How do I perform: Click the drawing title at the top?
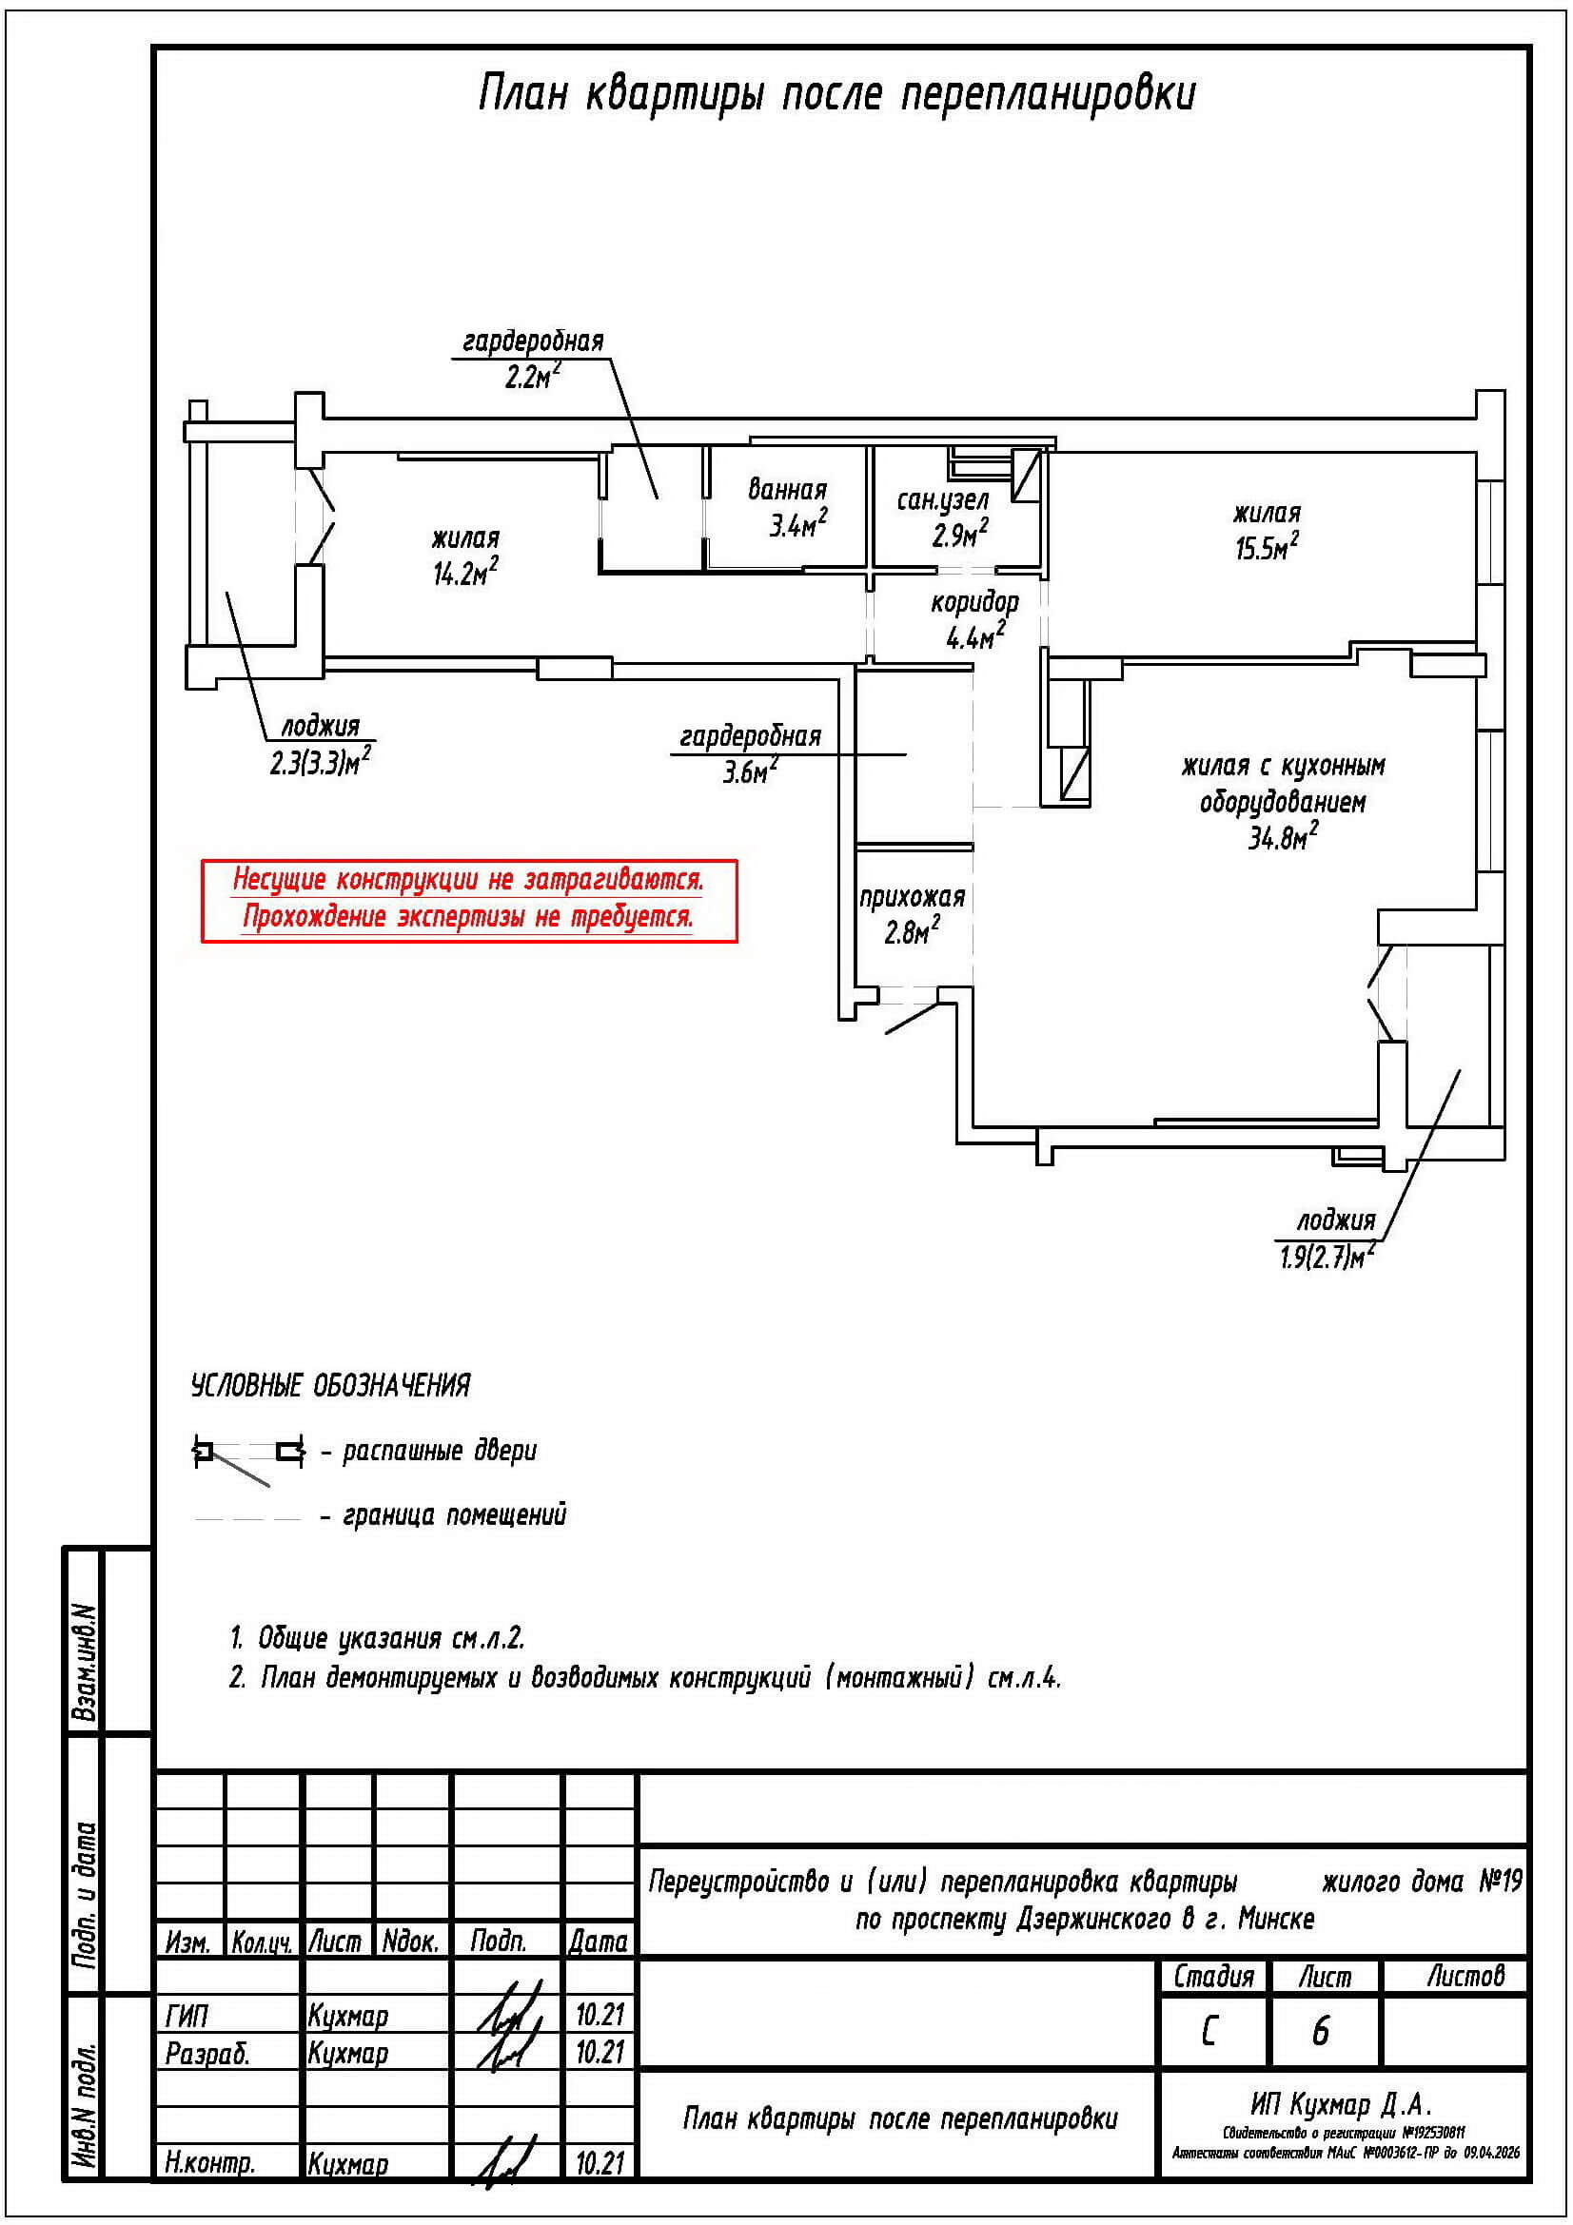(x=836, y=95)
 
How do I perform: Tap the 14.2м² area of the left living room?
(x=465, y=574)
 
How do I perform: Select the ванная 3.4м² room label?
(x=787, y=508)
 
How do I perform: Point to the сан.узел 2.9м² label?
(x=943, y=517)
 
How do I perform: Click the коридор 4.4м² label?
(x=975, y=620)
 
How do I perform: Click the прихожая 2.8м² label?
(x=912, y=914)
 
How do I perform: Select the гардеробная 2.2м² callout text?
(x=533, y=358)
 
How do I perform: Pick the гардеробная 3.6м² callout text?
(x=750, y=753)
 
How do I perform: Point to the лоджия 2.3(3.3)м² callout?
(x=321, y=744)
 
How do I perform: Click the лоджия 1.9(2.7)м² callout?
(x=1325, y=1239)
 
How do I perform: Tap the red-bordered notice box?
(x=469, y=899)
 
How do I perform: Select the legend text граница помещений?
(x=455, y=1514)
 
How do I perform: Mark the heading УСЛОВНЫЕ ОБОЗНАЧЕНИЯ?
(x=330, y=1386)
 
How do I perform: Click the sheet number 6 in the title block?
(x=1320, y=2031)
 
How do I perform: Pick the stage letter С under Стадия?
(x=1209, y=2031)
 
